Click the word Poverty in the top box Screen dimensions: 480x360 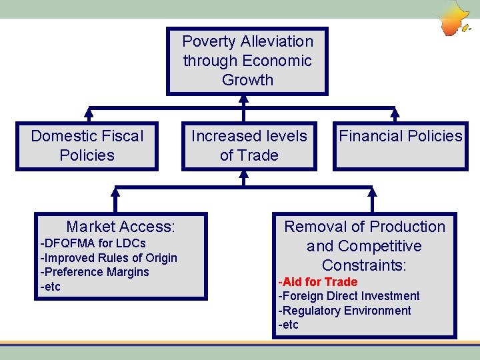coord(207,41)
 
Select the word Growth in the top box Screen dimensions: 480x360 coord(247,80)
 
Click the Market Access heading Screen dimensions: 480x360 coord(121,227)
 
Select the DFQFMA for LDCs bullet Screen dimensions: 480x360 coord(93,243)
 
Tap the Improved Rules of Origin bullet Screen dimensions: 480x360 coord(109,257)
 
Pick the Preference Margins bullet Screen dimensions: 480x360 coord(95,272)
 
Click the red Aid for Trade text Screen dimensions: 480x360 coord(317,282)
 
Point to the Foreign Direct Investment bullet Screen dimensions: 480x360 coord(349,296)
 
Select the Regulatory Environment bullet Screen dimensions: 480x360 coord(344,311)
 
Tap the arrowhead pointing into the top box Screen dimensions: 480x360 coord(244,99)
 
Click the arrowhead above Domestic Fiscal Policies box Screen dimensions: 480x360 coord(87,113)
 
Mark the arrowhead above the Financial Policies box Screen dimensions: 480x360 coord(395,113)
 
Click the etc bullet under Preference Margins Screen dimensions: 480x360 coord(51,287)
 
